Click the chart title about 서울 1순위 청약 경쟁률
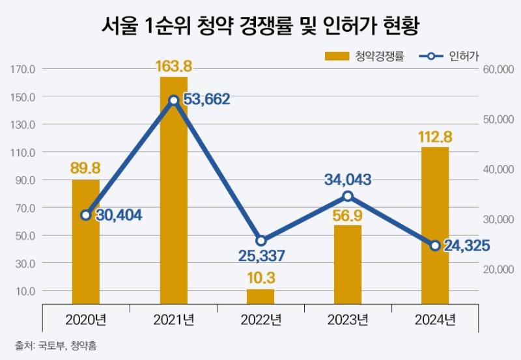260,25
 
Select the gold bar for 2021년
173,195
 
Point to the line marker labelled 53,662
174,100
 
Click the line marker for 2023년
348,196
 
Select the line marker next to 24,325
435,245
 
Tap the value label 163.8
173,66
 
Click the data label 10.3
260,278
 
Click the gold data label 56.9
348,215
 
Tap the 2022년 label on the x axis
260,320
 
